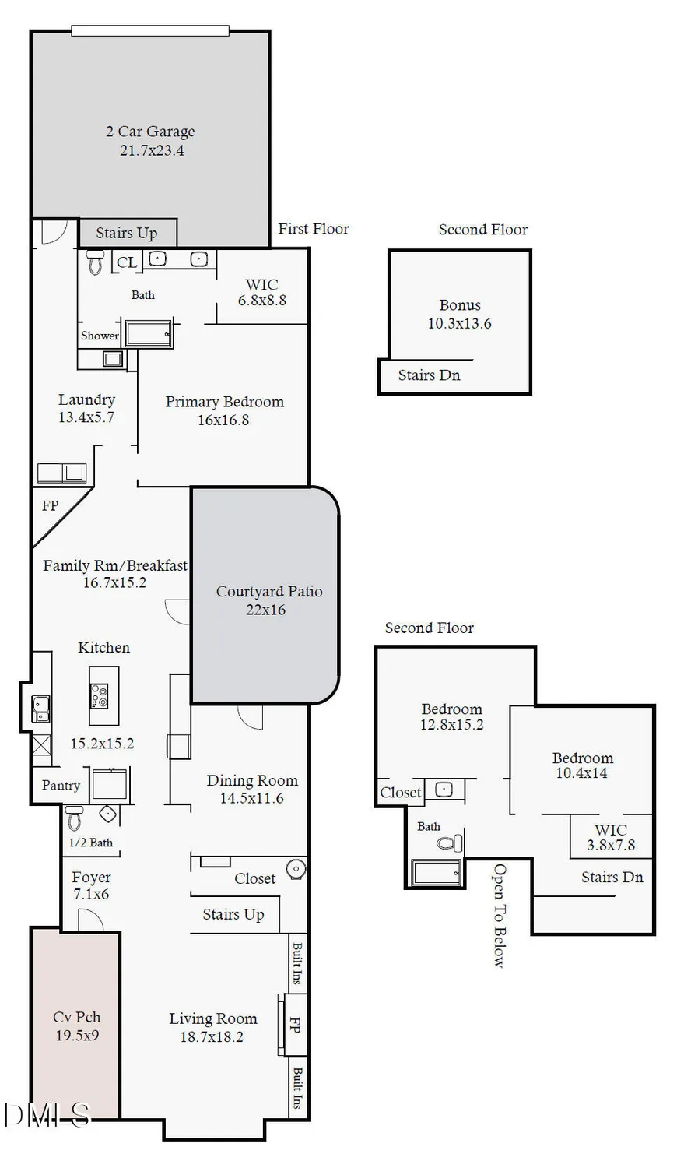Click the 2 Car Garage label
tap(150, 132)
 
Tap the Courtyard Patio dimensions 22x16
tap(265, 610)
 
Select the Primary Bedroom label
tap(224, 402)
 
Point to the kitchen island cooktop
tap(100, 694)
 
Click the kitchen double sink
tap(40, 709)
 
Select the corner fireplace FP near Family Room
tap(50, 506)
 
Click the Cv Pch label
tap(76, 1017)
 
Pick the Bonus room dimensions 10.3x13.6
tap(459, 323)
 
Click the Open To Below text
tap(500, 915)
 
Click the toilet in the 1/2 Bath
tap(75, 818)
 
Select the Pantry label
tap(61, 786)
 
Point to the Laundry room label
tap(86, 399)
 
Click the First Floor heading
tap(314, 228)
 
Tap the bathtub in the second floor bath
tap(437, 872)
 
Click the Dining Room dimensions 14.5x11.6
tap(251, 798)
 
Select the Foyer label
tap(91, 878)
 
